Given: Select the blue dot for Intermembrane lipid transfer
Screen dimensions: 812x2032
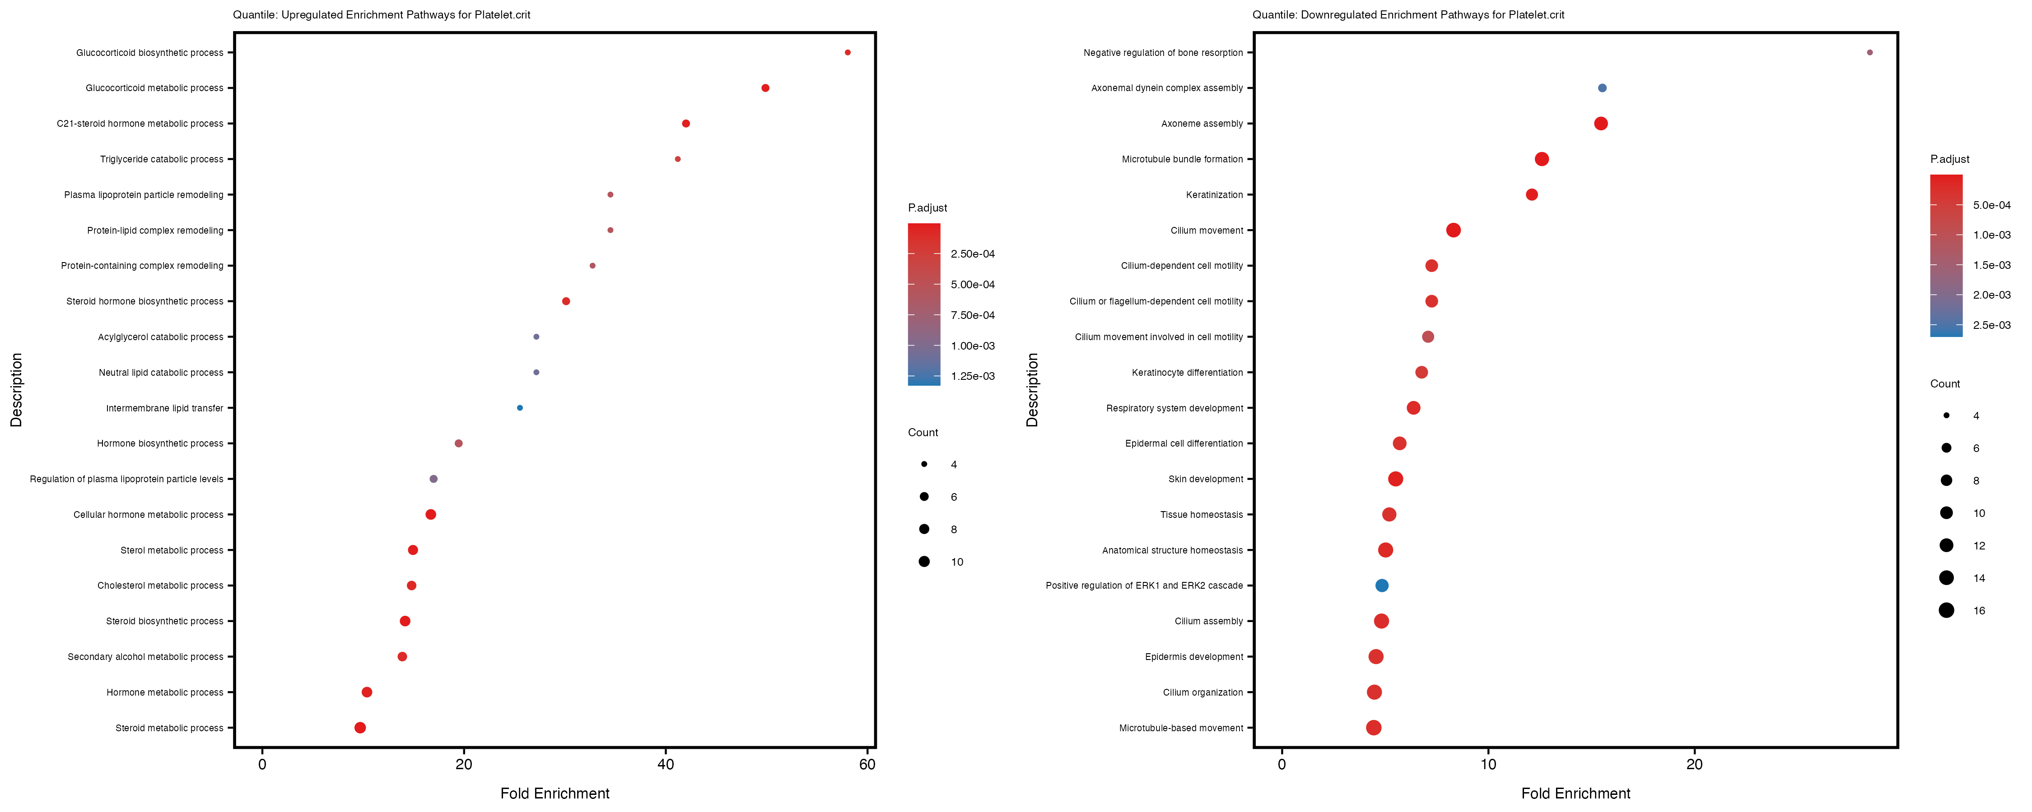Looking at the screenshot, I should (x=519, y=407).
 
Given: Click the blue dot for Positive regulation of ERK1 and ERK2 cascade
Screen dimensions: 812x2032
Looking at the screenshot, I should (x=1381, y=586).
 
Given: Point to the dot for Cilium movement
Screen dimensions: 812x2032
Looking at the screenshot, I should (x=1453, y=230).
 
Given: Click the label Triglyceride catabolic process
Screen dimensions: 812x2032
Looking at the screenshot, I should (x=162, y=159).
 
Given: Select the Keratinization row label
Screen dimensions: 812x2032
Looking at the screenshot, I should (x=1214, y=195).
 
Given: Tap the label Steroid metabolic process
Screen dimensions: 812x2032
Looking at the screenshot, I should (x=170, y=728).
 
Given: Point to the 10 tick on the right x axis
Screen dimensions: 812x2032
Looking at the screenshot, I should (x=1488, y=764).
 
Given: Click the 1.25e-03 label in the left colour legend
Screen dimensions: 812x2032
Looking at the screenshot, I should (x=973, y=376).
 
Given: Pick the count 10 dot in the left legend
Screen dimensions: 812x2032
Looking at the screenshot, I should (x=924, y=561).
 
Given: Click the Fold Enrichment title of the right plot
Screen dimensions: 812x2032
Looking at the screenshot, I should (x=1575, y=793).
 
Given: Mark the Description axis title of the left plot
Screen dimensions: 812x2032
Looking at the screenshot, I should (x=17, y=389).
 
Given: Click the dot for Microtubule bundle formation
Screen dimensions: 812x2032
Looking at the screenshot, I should (x=1541, y=159).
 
